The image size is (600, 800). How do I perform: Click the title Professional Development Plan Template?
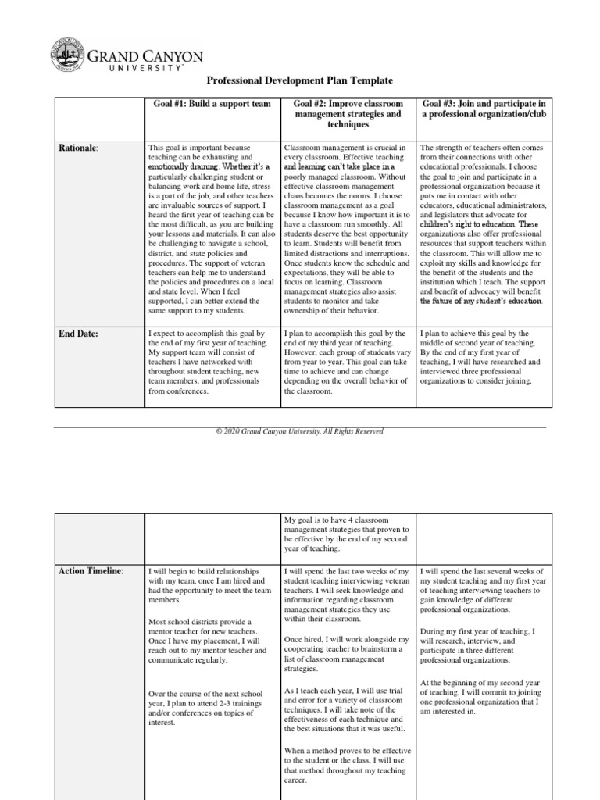click(299, 80)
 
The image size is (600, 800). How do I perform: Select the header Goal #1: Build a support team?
click(212, 104)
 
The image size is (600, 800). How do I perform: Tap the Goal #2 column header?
click(348, 114)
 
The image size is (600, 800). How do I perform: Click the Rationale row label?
click(80, 147)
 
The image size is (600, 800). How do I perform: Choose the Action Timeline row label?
click(91, 571)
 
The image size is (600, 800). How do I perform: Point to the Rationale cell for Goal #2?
click(348, 229)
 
